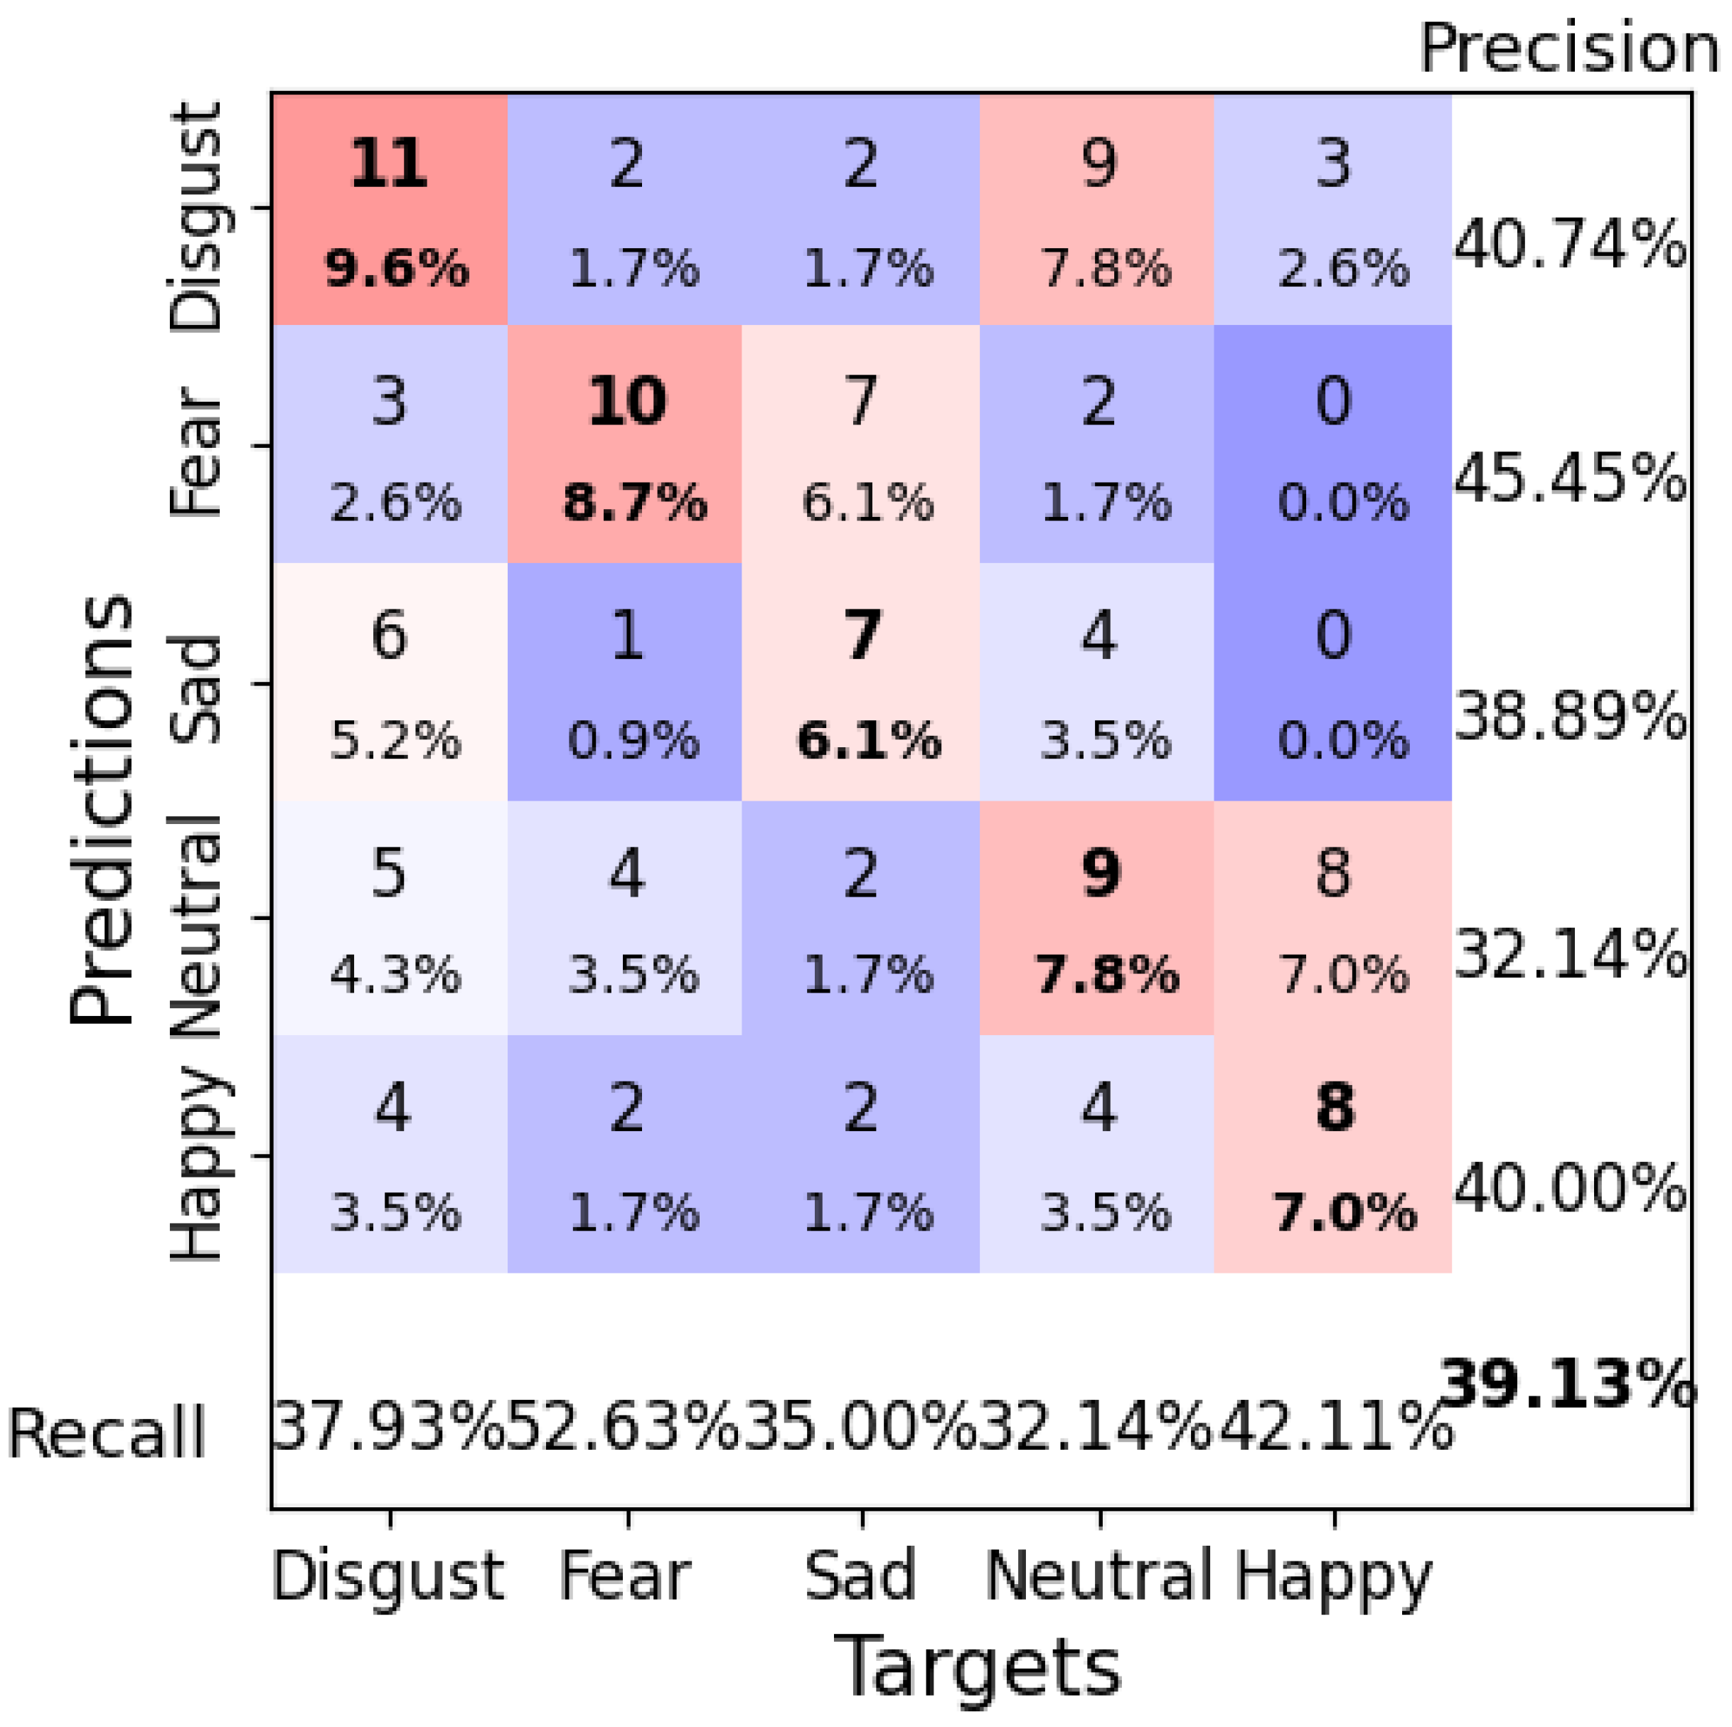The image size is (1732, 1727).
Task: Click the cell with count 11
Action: tap(390, 209)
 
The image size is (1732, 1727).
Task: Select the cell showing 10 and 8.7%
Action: tap(626, 445)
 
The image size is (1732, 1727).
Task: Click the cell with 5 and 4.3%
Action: tap(390, 918)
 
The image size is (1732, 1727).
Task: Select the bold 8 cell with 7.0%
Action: tap(1334, 1155)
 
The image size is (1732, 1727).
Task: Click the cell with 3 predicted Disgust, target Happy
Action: tap(1334, 209)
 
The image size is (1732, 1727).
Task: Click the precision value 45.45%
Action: tap(1569, 480)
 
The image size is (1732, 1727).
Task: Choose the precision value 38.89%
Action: tap(1569, 717)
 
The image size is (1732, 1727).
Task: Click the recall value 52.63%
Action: tap(624, 1428)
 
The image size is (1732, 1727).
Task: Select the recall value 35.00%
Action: tap(860, 1428)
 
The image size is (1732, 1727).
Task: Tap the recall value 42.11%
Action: tap(1334, 1428)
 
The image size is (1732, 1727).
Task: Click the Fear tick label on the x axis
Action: tap(626, 1576)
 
